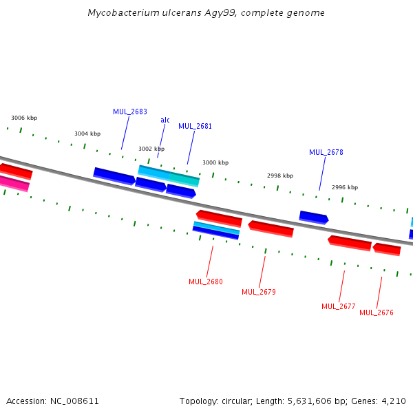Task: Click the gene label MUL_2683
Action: [x=130, y=112]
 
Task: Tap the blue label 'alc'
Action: [x=165, y=120]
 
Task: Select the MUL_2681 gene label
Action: [x=195, y=127]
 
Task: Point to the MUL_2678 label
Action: [x=326, y=153]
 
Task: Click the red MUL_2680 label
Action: [x=206, y=282]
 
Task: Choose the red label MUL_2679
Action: [x=259, y=292]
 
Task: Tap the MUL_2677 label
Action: [x=339, y=306]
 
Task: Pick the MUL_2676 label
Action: [x=377, y=313]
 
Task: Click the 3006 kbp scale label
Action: [x=24, y=118]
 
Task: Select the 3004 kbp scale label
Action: [x=87, y=134]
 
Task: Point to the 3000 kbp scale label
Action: [x=215, y=163]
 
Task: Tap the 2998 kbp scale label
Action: [x=280, y=176]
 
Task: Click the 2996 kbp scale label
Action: [x=345, y=187]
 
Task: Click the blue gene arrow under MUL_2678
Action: [x=313, y=218]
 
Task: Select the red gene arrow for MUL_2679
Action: [x=271, y=229]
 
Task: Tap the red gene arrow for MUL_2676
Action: [x=387, y=248]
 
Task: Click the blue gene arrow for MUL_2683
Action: [x=114, y=176]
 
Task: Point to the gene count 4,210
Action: [x=394, y=401]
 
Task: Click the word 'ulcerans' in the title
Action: [x=165, y=13]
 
